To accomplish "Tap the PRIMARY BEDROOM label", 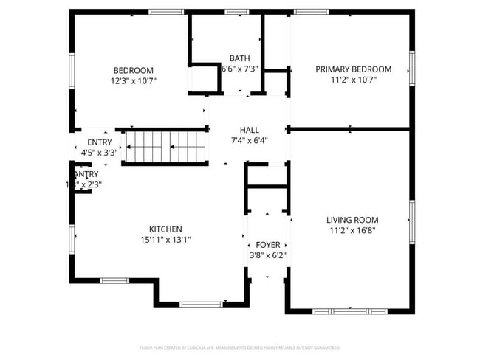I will (x=353, y=69).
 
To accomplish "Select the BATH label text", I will (x=239, y=58).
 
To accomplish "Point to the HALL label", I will (x=249, y=129).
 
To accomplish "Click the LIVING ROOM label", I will (x=352, y=220).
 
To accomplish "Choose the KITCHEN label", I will (x=165, y=229).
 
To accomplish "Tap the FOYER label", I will (x=267, y=245).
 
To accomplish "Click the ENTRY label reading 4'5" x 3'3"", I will (x=100, y=142).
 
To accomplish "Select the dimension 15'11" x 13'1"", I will (x=165, y=240).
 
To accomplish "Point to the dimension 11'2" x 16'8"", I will (x=352, y=230).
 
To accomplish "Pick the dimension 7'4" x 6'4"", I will (x=249, y=140).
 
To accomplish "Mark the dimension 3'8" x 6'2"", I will (x=267, y=256).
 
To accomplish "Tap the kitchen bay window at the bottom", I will (x=200, y=304).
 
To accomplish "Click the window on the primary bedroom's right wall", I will (x=412, y=69).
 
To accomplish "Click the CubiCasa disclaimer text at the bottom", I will (x=240, y=347).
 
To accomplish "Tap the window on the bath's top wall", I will (x=236, y=12).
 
